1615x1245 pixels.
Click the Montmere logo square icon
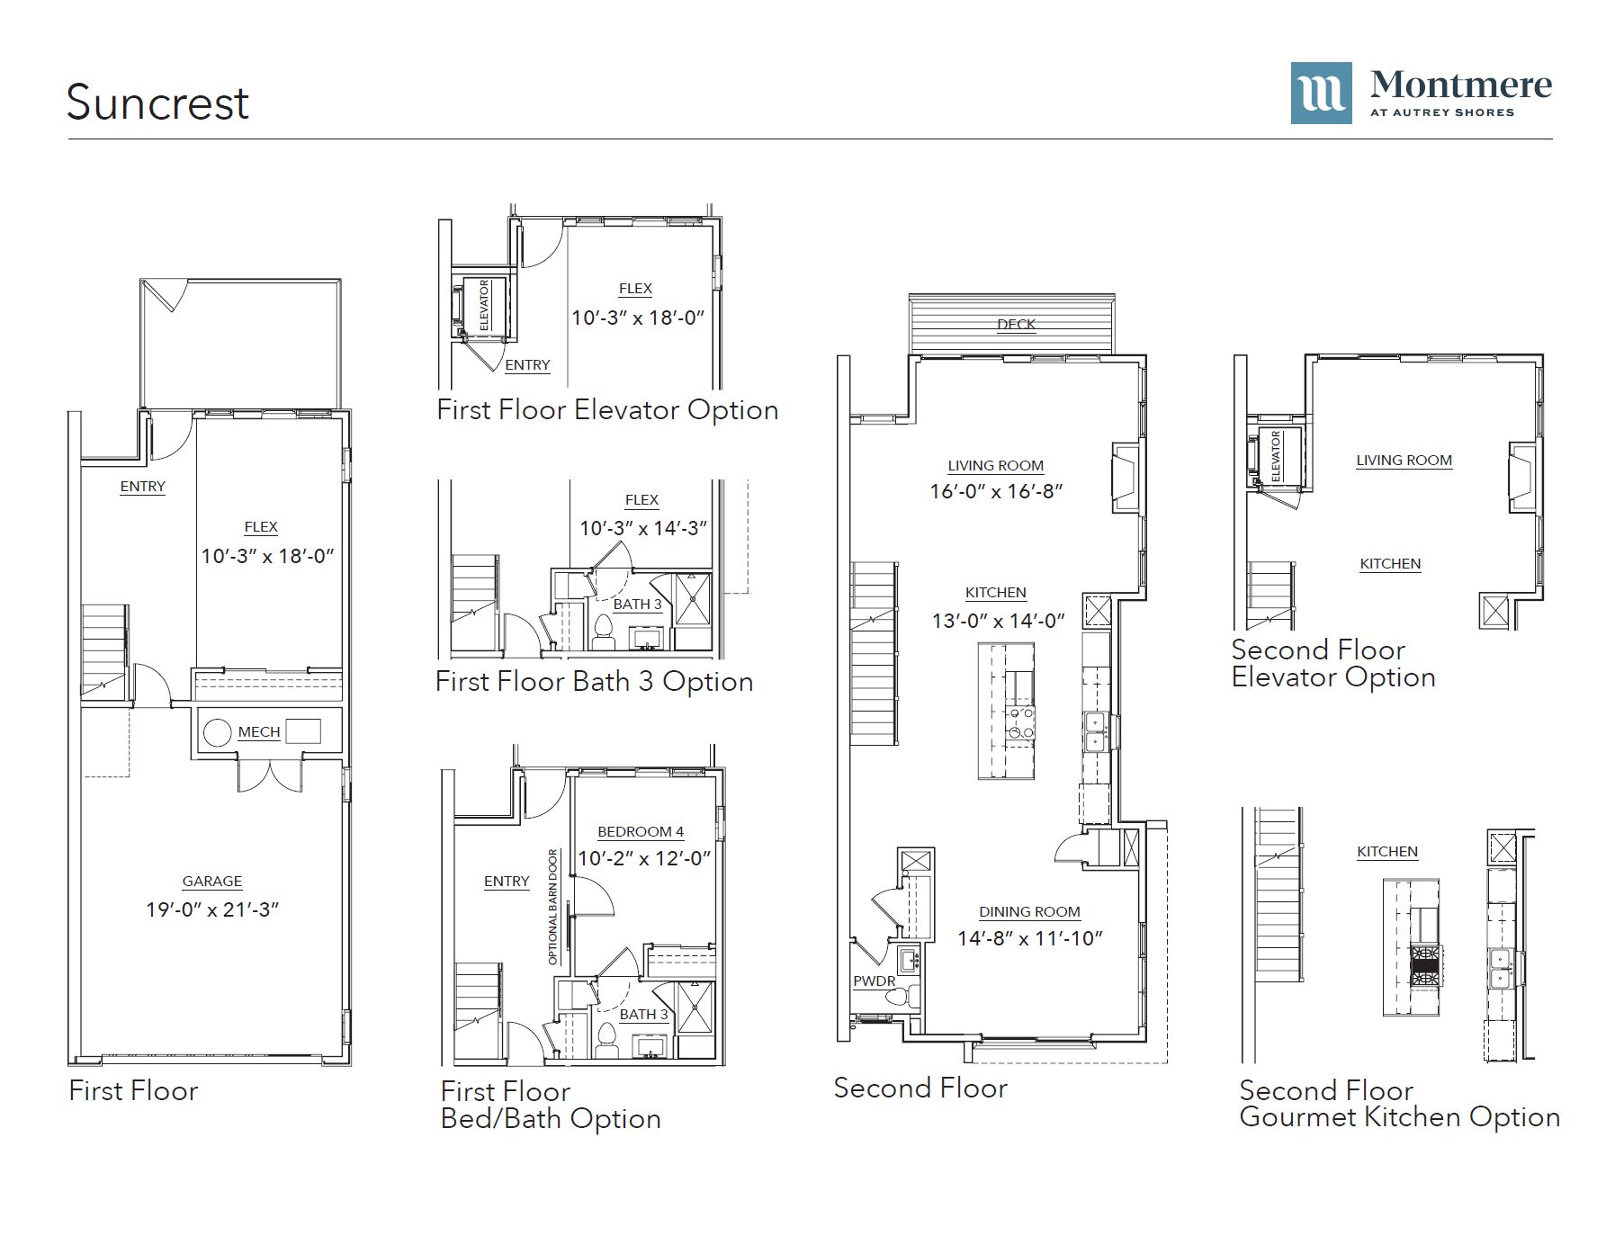(x=1321, y=93)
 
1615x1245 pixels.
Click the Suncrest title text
(x=157, y=103)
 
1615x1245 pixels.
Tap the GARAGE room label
(x=212, y=882)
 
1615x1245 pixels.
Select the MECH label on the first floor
(x=259, y=732)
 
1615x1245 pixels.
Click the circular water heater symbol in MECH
(x=218, y=732)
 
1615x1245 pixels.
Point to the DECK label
(x=1017, y=325)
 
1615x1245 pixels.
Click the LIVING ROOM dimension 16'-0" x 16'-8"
(x=996, y=491)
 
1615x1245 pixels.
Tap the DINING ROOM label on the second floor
(x=1029, y=912)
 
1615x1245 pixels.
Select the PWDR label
(x=875, y=981)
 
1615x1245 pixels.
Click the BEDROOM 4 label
(x=641, y=832)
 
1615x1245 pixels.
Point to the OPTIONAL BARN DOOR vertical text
(x=553, y=907)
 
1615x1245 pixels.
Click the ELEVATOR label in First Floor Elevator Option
(x=484, y=305)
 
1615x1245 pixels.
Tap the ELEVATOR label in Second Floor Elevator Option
(x=1276, y=455)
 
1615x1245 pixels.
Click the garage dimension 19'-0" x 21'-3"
(x=212, y=909)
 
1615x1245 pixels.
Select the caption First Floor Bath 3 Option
(x=594, y=682)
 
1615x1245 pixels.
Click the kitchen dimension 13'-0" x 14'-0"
(x=998, y=621)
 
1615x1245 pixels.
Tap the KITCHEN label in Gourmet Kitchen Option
(x=1387, y=852)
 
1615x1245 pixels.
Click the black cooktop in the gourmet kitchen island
(x=1424, y=965)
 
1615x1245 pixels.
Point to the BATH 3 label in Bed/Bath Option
(x=644, y=1015)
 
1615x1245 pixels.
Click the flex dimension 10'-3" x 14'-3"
(x=642, y=528)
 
